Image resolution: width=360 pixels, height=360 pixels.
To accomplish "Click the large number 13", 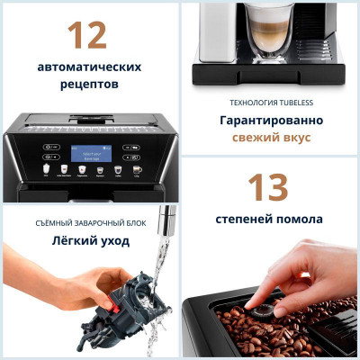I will [266, 188].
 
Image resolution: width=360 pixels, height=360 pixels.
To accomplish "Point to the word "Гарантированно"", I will [266, 119].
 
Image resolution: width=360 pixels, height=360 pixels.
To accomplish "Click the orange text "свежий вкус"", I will [266, 137].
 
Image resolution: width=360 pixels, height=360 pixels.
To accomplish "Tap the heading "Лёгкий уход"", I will [90, 240].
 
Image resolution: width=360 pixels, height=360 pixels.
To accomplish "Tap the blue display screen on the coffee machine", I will [90, 152].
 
